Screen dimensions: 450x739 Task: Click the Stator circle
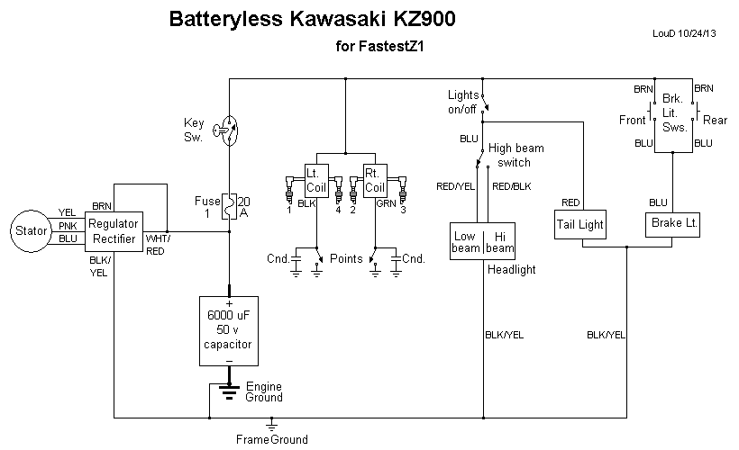pos(32,231)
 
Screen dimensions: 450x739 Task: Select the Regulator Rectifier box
pos(115,231)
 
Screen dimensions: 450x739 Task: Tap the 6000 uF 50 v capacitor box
pos(229,330)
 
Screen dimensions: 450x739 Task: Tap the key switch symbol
pos(229,129)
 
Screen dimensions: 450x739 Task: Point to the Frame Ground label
pos(271,440)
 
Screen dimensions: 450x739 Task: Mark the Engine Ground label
pos(264,391)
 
